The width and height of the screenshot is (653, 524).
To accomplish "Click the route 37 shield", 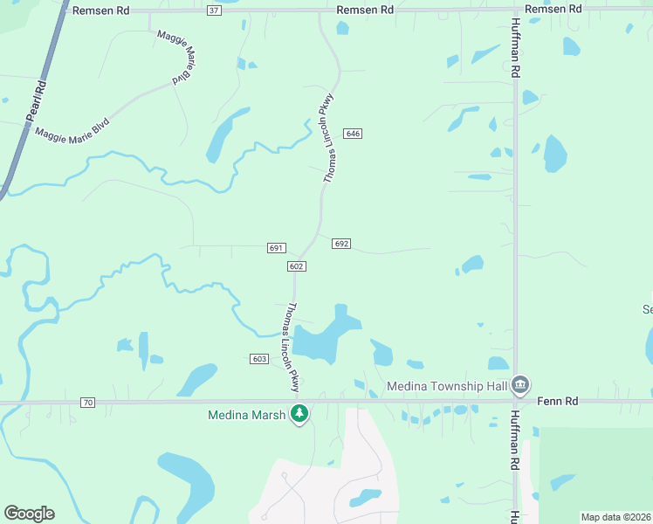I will (215, 10).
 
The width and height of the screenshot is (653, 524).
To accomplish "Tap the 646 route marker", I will (353, 134).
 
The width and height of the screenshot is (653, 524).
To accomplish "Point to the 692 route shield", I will (341, 244).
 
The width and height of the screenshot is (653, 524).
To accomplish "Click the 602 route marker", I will (296, 265).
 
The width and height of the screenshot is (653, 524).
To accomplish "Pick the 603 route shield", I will (259, 359).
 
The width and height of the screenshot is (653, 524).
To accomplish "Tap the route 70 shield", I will (86, 402).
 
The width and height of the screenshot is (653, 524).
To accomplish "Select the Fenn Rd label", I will (559, 402).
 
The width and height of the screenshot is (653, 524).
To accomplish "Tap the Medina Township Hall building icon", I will (520, 385).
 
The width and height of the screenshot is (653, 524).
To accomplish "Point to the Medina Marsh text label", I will (246, 415).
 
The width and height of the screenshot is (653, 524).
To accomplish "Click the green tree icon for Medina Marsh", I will (299, 413).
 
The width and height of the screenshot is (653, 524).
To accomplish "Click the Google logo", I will (29, 513).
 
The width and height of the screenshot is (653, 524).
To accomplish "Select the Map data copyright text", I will (615, 517).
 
